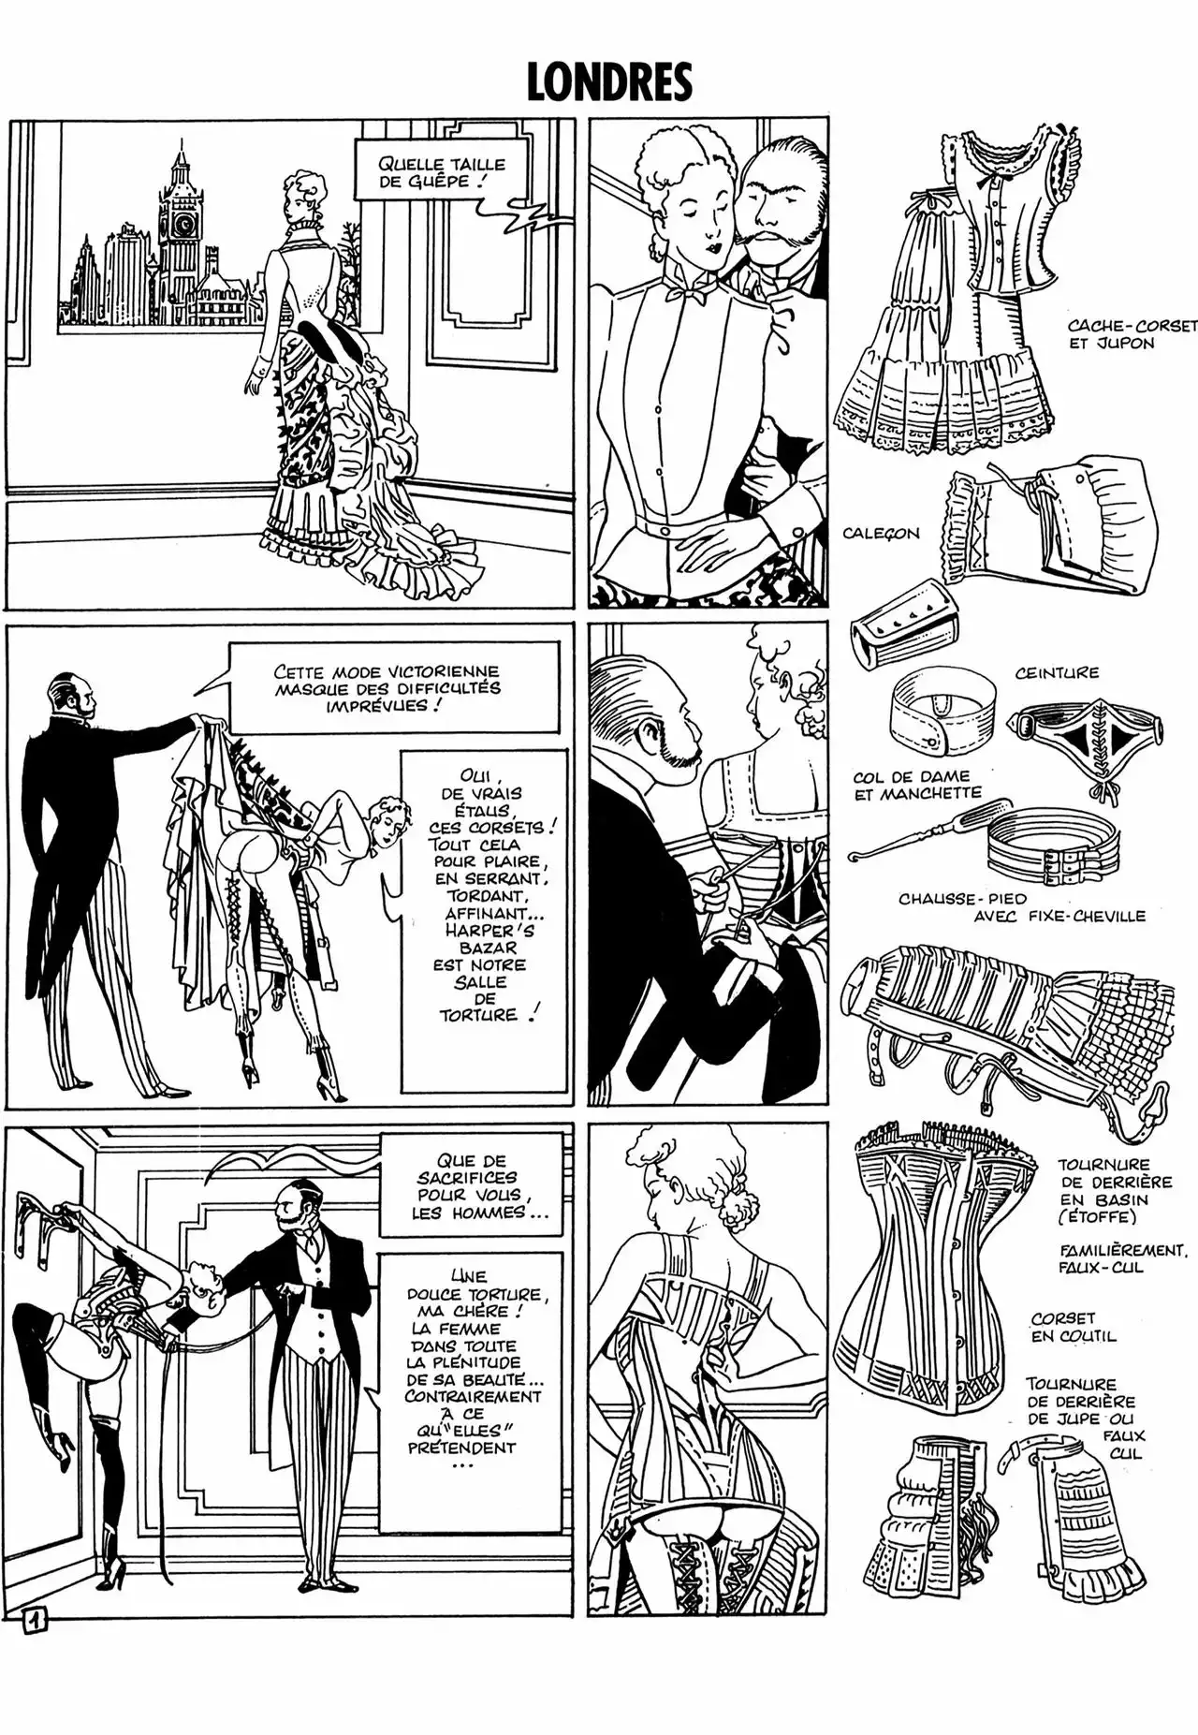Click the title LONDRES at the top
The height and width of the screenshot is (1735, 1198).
coord(609,81)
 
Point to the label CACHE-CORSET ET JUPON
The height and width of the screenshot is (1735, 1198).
coord(1132,334)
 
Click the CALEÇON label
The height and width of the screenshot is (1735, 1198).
coord(880,534)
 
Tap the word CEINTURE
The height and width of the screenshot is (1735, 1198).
coord(1056,673)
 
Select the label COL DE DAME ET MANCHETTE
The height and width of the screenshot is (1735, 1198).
coord(916,785)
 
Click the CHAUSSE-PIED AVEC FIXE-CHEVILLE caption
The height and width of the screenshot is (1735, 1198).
coord(1021,907)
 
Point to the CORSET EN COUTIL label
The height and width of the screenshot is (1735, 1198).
coord(1074,1327)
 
